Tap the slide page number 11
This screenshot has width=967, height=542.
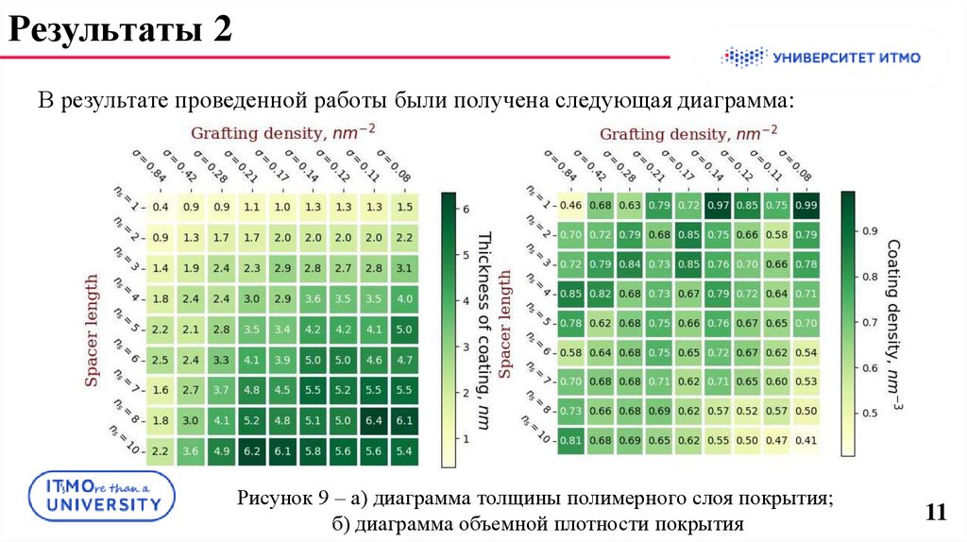tap(936, 513)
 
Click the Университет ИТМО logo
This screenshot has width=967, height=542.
tap(821, 58)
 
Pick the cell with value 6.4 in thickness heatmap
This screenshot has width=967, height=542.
tap(373, 420)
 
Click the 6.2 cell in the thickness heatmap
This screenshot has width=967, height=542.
tap(251, 452)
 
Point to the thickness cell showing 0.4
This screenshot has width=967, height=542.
tap(161, 207)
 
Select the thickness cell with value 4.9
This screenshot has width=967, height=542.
tap(221, 452)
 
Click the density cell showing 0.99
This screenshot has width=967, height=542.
tap(806, 205)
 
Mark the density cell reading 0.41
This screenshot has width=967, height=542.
tap(806, 439)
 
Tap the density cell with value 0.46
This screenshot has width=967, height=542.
tap(570, 205)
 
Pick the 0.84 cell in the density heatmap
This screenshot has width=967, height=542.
tap(630, 263)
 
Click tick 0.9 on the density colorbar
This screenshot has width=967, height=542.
tap(866, 229)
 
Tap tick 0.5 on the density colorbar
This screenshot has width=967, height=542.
tap(866, 413)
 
